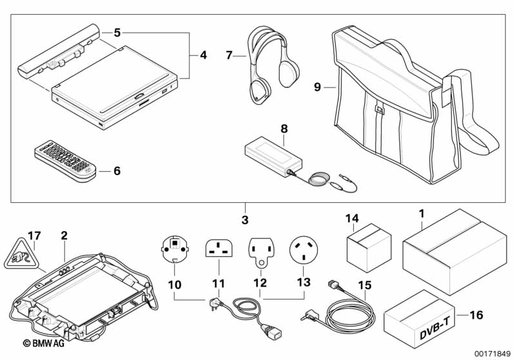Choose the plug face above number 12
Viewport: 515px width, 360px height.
262,252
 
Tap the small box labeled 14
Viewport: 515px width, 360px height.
368,247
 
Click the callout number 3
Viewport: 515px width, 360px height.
244,220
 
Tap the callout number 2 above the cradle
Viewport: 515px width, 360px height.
64,236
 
